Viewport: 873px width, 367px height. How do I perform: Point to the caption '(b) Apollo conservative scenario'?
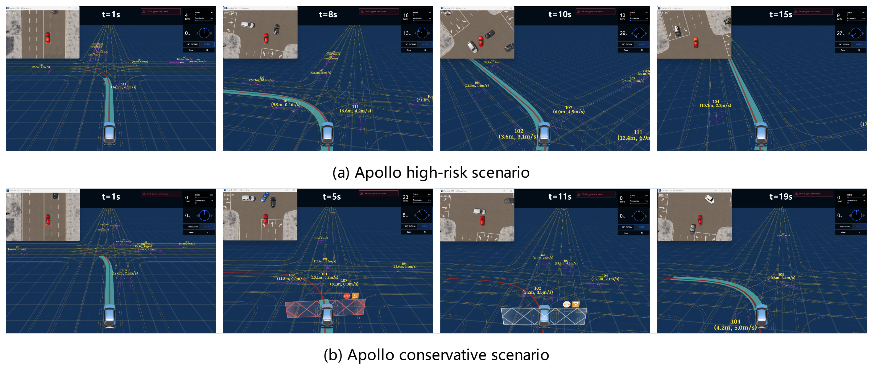[x=436, y=355]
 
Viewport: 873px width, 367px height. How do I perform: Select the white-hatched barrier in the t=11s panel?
[x=519, y=316]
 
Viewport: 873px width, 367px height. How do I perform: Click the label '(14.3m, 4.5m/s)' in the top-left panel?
[x=124, y=87]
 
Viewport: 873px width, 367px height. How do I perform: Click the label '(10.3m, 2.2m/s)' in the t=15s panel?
[x=715, y=105]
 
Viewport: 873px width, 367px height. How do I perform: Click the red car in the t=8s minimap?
[x=266, y=38]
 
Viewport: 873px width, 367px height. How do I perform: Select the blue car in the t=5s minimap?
[x=265, y=197]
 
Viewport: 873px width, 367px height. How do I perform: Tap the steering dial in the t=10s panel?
[x=639, y=33]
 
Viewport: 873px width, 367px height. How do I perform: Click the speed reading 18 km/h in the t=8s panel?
[x=406, y=15]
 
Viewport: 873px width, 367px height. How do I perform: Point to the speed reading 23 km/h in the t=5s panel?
[x=405, y=198]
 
